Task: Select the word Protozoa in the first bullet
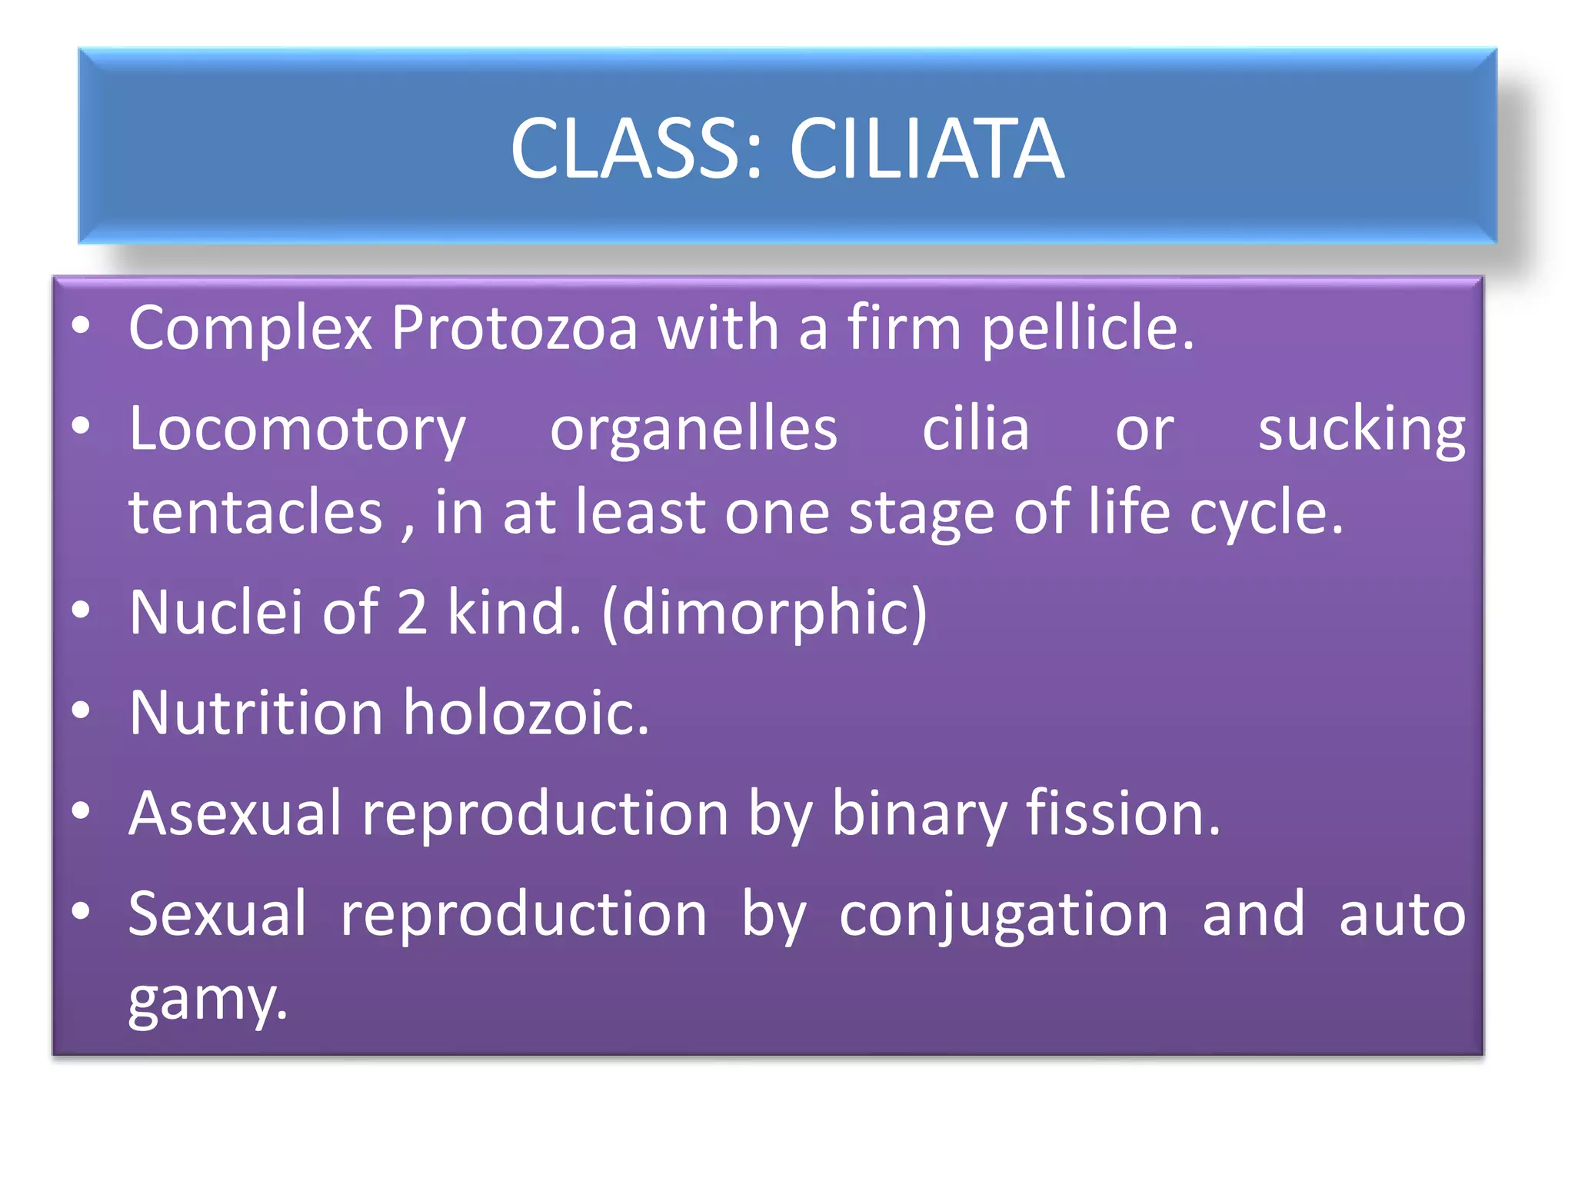514,328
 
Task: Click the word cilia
975,428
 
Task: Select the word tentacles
255,513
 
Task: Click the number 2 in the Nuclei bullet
412,613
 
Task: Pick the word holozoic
526,714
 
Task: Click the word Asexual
235,813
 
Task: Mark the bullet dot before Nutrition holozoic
81,710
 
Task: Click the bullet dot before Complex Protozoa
81,326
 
